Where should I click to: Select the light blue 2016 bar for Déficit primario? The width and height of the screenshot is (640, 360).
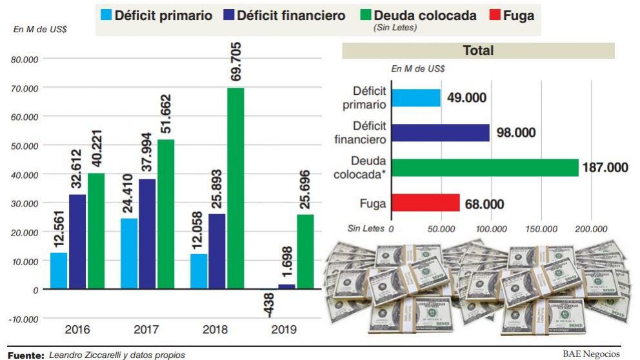(59, 270)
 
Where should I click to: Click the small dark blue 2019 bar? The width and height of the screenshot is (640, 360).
(286, 286)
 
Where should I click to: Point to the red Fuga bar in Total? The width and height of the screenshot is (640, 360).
(425, 203)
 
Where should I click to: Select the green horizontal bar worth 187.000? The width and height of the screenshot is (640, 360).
(485, 168)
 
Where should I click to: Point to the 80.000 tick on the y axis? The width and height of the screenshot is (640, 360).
(25, 59)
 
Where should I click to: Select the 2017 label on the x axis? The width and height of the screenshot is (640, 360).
(146, 330)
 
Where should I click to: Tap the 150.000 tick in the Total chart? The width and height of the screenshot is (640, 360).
(541, 228)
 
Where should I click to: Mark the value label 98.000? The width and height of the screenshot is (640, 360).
(516, 133)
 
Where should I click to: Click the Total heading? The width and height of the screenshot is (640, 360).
(477, 50)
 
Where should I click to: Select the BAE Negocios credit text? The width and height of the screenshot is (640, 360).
(591, 354)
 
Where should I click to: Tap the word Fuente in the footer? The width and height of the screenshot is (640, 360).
(25, 355)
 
